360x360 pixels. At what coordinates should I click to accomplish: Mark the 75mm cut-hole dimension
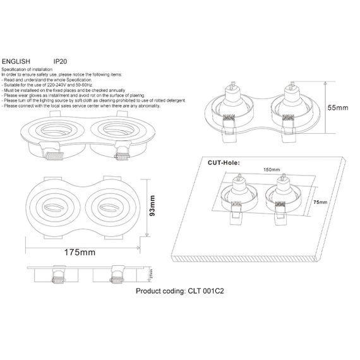click(x=321, y=201)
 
